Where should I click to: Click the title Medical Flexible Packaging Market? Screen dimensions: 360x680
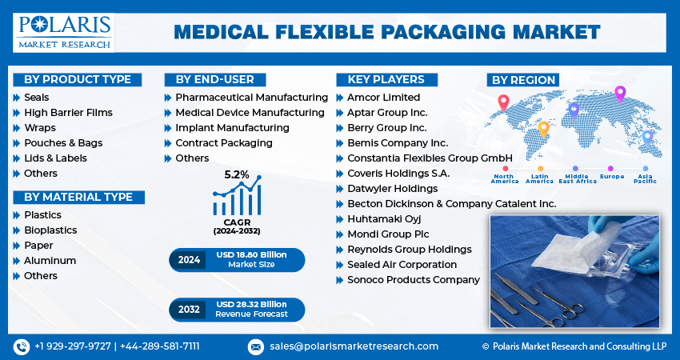coord(386,32)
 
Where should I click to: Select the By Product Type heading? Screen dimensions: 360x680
coord(77,79)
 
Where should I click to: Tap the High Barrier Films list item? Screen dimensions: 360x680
coord(68,113)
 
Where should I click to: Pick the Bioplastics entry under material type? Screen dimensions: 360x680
coord(50,230)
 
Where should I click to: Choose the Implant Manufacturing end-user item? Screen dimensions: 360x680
coord(232,128)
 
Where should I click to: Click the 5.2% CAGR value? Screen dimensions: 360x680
coord(237,174)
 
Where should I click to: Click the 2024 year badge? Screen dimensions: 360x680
coord(190,259)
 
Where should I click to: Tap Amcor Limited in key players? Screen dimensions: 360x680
coord(383,98)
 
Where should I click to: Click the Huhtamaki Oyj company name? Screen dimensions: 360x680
coord(384,219)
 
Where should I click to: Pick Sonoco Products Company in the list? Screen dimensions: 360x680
coord(413,280)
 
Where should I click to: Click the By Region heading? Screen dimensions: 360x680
coord(524,80)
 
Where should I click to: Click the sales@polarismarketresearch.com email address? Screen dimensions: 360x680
coord(353,346)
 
